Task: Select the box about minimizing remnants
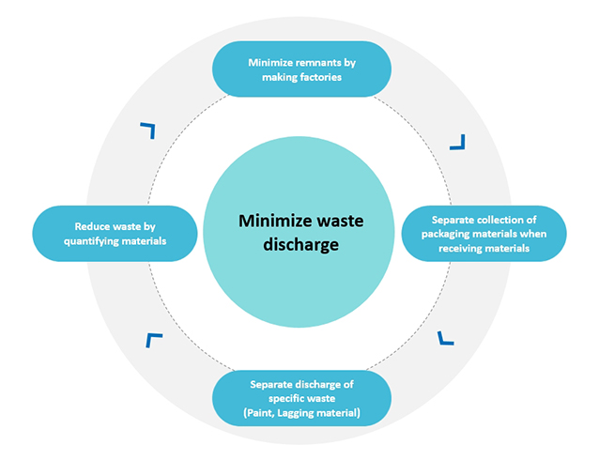click(300, 69)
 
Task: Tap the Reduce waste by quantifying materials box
click(115, 233)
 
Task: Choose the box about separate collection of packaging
click(483, 234)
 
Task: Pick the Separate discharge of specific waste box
click(300, 398)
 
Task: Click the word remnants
click(313, 63)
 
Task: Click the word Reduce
click(93, 226)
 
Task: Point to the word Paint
click(259, 412)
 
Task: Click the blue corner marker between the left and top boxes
click(146, 130)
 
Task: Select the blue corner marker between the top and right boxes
click(456, 142)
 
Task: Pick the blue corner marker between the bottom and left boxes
click(154, 340)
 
